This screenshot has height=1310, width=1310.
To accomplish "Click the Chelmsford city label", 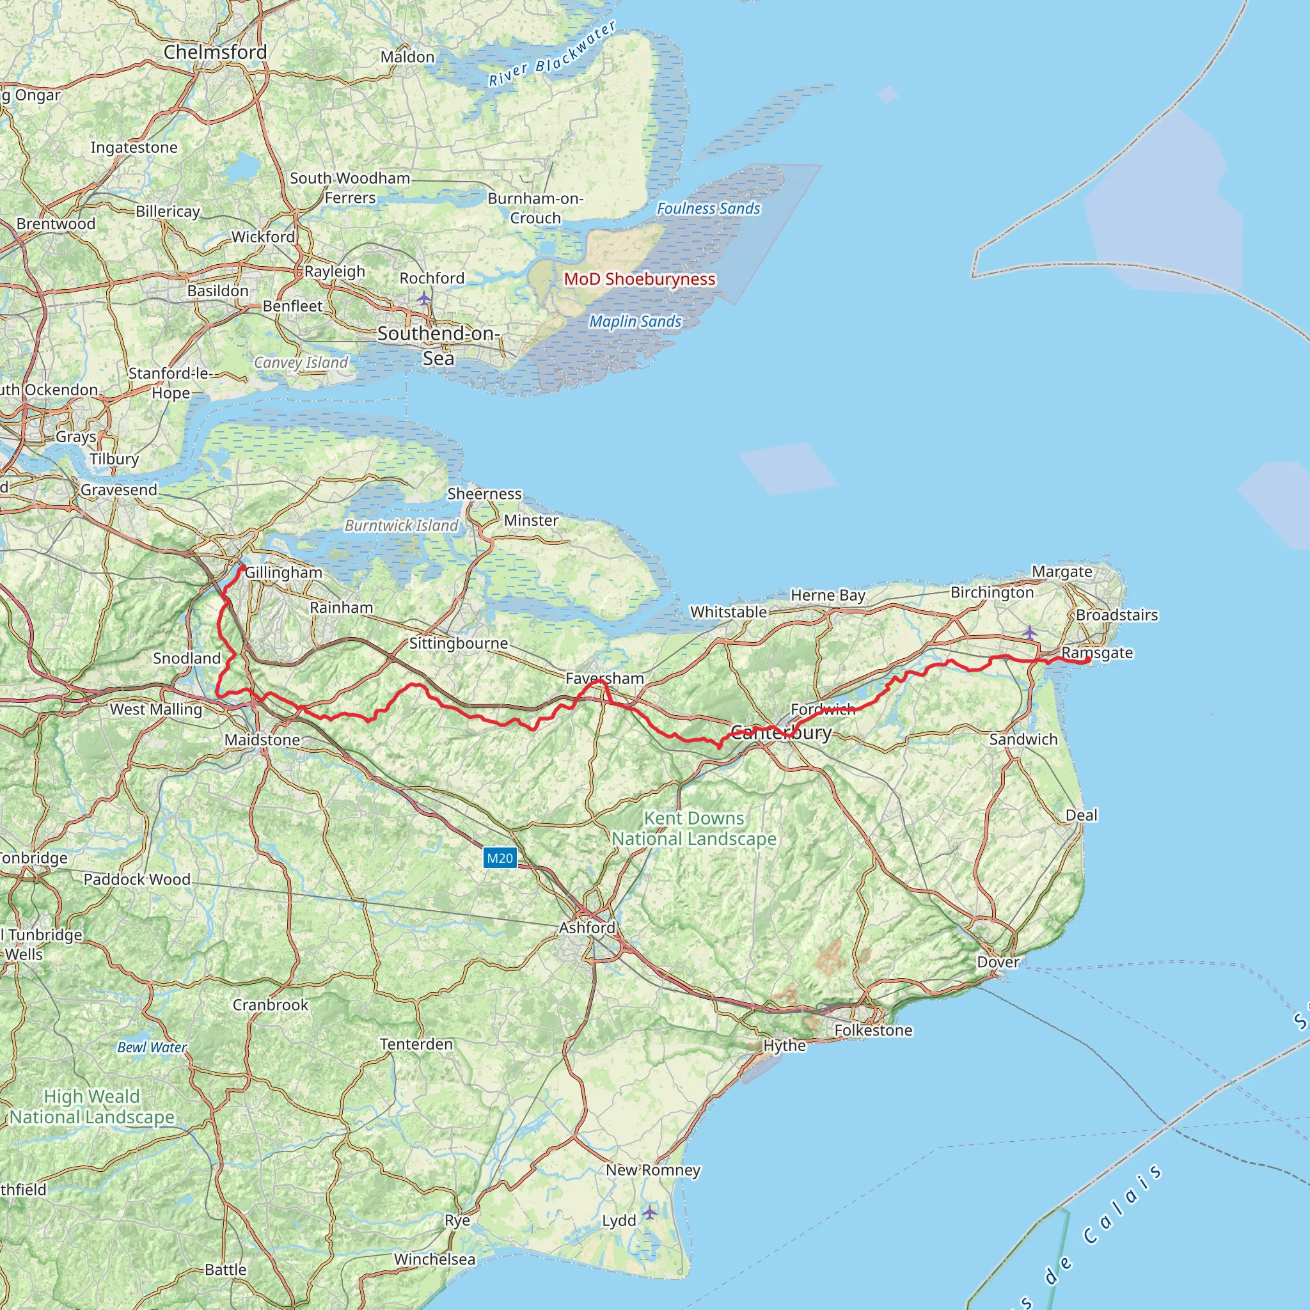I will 216,52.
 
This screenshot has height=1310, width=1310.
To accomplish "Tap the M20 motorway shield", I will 500,858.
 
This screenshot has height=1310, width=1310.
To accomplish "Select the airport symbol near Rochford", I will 424,297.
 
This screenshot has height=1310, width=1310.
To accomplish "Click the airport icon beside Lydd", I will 650,1211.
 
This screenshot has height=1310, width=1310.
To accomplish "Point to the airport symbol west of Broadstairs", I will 1029,633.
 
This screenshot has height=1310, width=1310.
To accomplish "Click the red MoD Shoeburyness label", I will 640,279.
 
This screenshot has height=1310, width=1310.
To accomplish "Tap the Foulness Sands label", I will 709,209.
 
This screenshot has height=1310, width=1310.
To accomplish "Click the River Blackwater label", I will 553,54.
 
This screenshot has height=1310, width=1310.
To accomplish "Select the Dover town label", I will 997,961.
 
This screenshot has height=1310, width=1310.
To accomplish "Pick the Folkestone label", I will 873,1030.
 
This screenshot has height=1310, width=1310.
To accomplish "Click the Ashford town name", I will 587,927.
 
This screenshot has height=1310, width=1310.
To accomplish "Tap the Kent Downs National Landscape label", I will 693,828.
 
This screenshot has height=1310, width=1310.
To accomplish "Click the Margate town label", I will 1062,572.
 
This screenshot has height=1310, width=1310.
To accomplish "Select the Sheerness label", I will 484,494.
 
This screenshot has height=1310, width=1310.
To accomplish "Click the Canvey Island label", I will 301,362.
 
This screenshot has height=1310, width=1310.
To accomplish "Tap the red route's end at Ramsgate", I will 1087,659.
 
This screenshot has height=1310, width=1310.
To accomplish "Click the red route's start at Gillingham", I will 241,568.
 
